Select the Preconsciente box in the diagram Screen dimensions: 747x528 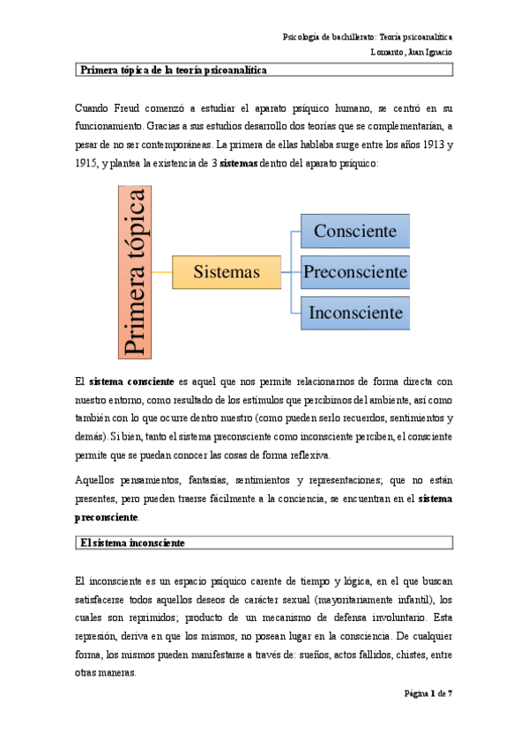[x=355, y=272]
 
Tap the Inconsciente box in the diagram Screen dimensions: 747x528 [x=355, y=312]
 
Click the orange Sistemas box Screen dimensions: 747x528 [x=227, y=272]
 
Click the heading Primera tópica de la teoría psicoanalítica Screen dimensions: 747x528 [x=174, y=69]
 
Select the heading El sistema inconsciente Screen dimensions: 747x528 [x=132, y=544]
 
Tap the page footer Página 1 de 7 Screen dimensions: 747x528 [x=428, y=693]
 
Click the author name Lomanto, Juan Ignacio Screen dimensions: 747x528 [x=412, y=51]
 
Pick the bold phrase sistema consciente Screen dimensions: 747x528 [x=125, y=381]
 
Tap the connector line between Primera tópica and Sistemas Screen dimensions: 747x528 [x=162, y=272]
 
